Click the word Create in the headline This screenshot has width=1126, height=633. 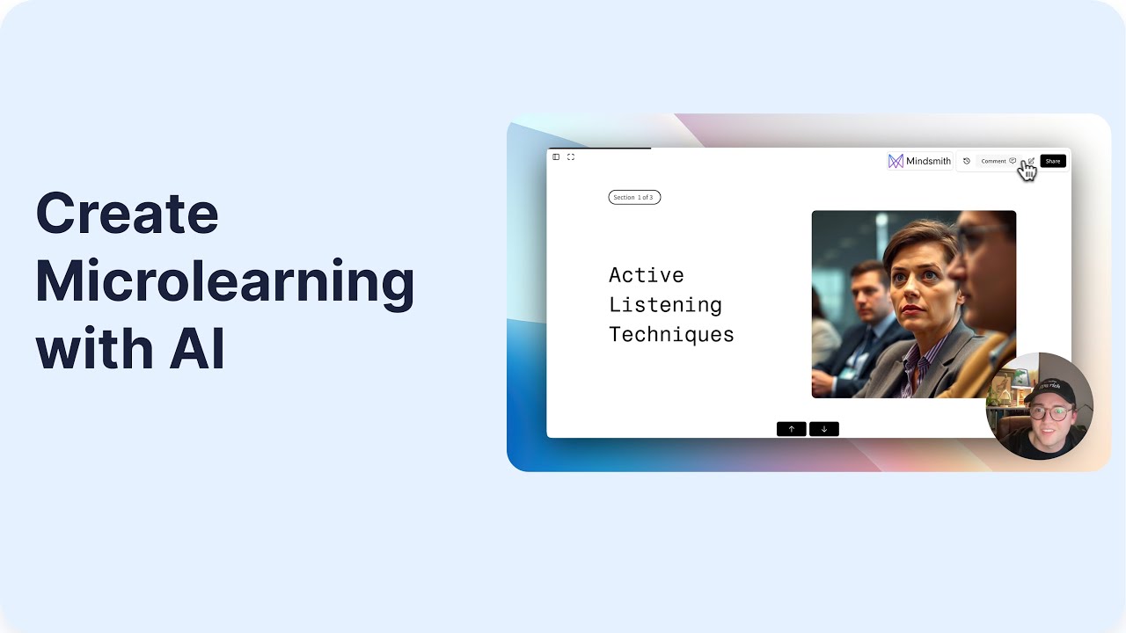[127, 214]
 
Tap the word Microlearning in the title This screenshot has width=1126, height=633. [224, 281]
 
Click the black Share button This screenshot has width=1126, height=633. [1052, 161]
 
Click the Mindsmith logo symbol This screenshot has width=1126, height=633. [896, 161]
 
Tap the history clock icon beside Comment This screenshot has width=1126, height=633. [966, 161]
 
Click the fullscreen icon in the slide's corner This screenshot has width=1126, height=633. [571, 156]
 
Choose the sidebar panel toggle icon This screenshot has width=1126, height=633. [556, 156]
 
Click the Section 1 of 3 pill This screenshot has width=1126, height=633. [634, 197]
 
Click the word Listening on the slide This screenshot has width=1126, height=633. [665, 305]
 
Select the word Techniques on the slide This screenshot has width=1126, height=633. [671, 335]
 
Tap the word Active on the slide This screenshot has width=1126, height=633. [646, 275]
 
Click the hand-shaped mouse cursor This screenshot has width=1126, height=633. [1027, 171]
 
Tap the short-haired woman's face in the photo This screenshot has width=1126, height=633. [917, 281]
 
